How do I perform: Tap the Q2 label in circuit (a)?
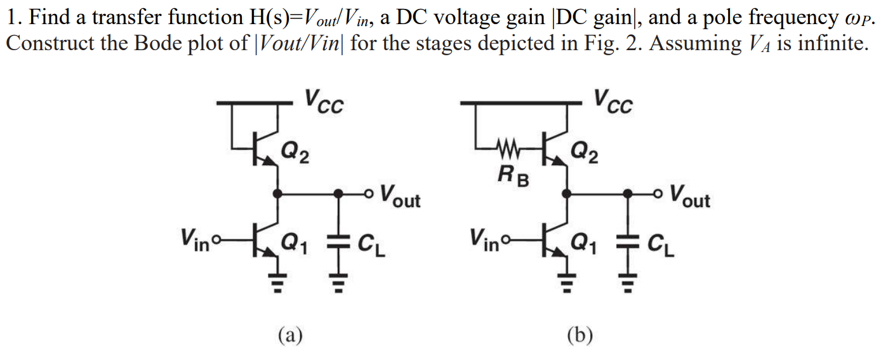pos(296,152)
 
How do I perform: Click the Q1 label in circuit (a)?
pos(296,242)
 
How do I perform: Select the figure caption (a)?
pos(290,333)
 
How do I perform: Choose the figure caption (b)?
pos(580,333)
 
